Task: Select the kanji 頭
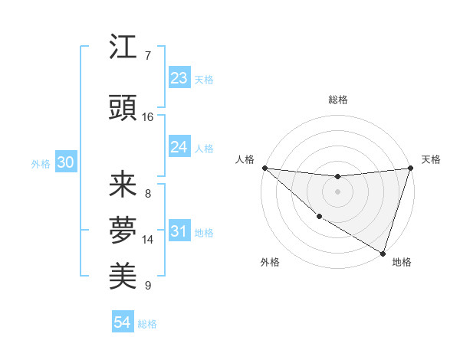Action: (123, 106)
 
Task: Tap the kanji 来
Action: (123, 185)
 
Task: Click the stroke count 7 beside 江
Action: (148, 56)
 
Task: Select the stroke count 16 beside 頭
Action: (148, 117)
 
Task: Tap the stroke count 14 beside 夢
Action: (148, 240)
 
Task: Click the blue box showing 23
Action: (179, 78)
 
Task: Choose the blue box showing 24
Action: (179, 147)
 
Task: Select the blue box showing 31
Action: (179, 231)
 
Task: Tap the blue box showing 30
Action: (65, 163)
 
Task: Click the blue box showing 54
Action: (122, 322)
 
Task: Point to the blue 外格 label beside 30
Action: (41, 164)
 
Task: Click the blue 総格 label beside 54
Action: (147, 324)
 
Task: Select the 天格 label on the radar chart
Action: (432, 159)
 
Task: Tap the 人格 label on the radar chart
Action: (245, 159)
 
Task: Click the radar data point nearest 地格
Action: (383, 253)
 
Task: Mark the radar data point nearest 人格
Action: (264, 168)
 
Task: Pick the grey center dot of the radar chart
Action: (337, 191)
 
